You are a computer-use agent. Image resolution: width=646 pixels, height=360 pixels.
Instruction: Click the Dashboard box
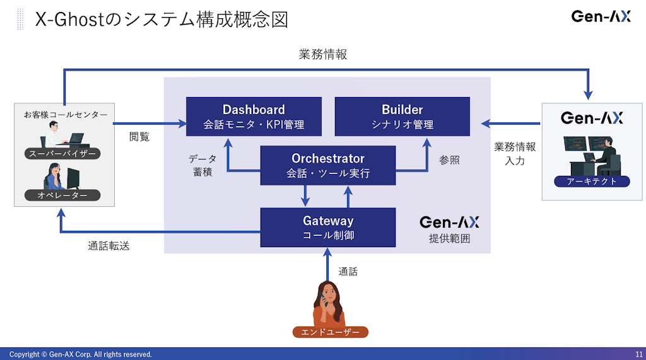[254, 116]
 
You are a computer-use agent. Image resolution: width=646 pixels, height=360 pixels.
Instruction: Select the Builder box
[402, 116]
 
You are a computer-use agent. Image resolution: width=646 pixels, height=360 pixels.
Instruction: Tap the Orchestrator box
[327, 165]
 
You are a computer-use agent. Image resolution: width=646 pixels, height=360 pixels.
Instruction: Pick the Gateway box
[327, 227]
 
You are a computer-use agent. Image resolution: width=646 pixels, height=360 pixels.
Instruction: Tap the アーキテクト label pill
[592, 182]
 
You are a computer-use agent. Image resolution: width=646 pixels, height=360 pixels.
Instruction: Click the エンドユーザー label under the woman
[330, 332]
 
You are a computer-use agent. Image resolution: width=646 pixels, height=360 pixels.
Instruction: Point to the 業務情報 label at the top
[322, 55]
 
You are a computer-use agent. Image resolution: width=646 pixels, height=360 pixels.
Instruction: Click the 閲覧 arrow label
[139, 136]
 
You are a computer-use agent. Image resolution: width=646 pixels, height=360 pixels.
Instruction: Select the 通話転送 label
[109, 246]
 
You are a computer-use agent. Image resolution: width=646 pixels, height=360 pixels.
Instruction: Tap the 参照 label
[449, 160]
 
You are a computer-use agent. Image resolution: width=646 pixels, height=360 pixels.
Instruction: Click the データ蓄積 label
[203, 165]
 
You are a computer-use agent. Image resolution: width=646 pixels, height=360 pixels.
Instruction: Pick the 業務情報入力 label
[515, 153]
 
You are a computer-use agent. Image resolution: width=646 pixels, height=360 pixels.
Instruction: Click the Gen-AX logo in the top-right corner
[601, 16]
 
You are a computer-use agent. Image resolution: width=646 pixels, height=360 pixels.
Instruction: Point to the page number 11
[638, 354]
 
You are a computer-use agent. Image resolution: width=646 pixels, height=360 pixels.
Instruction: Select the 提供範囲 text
[449, 239]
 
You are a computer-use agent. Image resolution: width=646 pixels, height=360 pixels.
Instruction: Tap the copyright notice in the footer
[81, 354]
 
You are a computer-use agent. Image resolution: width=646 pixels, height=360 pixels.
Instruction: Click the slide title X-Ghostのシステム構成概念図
[161, 20]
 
